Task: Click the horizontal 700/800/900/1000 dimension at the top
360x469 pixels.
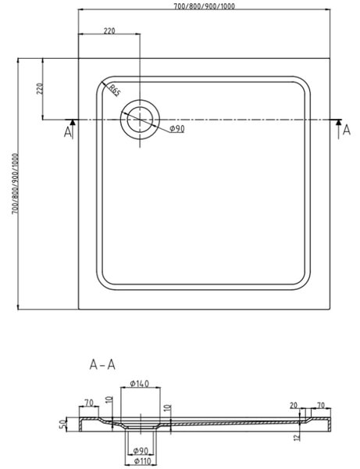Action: (205, 5)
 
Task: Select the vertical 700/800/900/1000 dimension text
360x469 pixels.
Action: (15, 184)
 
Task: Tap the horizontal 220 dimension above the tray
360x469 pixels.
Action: (109, 30)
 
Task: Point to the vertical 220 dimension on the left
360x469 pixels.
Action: (40, 88)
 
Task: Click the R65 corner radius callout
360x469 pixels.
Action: (115, 91)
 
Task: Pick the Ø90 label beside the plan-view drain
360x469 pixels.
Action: (177, 129)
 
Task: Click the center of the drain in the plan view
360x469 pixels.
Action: (140, 120)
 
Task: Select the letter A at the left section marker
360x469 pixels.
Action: (67, 132)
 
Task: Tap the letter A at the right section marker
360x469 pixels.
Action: (346, 130)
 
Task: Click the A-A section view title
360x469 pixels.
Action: (102, 364)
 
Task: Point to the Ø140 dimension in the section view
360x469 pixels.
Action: (140, 383)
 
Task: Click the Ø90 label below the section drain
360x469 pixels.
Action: (141, 450)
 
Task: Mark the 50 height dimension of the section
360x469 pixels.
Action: (62, 424)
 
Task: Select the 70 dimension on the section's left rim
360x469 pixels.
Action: (89, 403)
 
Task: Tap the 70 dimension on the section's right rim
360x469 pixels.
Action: (320, 406)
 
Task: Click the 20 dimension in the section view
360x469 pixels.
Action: (294, 405)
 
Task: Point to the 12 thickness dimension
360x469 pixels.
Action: (297, 437)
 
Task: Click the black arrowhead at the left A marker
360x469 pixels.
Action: (73, 122)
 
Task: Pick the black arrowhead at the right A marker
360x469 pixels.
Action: (338, 122)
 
